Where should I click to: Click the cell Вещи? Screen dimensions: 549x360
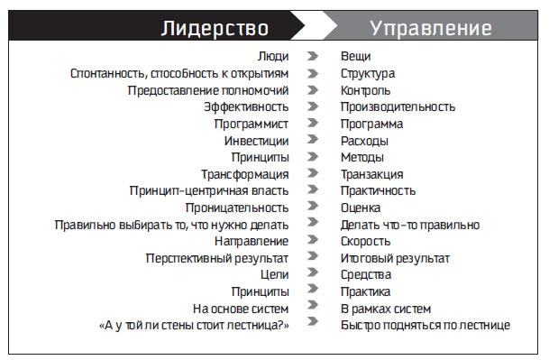[355, 57]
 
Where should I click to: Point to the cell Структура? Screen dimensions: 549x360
[368, 73]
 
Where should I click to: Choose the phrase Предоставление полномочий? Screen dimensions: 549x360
[208, 90]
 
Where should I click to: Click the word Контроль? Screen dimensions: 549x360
[365, 90]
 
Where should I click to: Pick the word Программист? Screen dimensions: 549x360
[245, 124]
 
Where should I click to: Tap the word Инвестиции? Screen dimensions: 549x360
[257, 141]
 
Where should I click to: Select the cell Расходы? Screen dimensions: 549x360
[364, 141]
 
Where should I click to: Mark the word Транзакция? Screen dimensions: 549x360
[371, 174]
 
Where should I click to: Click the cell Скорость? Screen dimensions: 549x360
[365, 241]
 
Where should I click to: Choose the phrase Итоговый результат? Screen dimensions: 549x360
[395, 258]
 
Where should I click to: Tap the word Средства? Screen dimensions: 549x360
[365, 274]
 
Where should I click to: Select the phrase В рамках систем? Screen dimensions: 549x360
[385, 308]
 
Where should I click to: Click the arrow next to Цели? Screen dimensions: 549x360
[313, 274]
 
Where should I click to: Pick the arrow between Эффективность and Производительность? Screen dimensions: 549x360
[313, 107]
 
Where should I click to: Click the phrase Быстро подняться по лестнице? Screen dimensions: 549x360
[425, 325]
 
